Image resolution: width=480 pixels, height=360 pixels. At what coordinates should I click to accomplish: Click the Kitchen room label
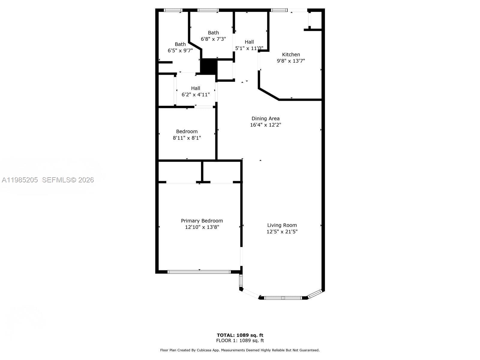click(291, 54)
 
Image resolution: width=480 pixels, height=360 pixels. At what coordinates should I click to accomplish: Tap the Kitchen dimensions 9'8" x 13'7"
click(291, 61)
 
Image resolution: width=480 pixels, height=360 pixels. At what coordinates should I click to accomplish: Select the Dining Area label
click(265, 118)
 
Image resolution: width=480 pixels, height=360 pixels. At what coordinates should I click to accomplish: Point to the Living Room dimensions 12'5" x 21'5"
click(282, 232)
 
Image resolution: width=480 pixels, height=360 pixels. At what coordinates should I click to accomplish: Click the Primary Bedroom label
click(202, 221)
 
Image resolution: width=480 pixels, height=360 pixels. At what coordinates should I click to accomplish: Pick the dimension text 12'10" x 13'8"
click(202, 227)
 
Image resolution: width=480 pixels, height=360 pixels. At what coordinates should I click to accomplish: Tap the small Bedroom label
click(187, 131)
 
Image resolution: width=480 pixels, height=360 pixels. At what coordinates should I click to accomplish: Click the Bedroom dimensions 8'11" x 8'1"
click(187, 138)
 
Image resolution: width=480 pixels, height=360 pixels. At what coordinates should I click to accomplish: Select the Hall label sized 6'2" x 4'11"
click(195, 88)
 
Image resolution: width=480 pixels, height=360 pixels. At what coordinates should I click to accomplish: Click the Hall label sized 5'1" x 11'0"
click(249, 42)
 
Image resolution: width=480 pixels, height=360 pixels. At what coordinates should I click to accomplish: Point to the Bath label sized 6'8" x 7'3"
click(213, 33)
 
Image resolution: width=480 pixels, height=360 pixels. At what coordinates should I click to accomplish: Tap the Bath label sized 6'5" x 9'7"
click(180, 44)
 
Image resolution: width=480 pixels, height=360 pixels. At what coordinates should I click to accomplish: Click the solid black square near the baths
click(208, 67)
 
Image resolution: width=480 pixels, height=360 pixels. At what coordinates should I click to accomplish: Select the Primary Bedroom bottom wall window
click(199, 272)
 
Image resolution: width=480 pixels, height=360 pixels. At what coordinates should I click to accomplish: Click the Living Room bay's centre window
click(283, 298)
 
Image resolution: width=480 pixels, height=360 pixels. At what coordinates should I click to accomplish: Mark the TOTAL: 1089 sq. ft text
click(240, 335)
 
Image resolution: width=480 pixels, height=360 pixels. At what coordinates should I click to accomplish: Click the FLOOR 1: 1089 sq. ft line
click(240, 340)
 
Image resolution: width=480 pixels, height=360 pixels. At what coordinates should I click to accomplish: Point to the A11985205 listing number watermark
click(20, 180)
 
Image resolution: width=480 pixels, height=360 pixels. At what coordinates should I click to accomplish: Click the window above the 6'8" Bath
click(208, 10)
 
